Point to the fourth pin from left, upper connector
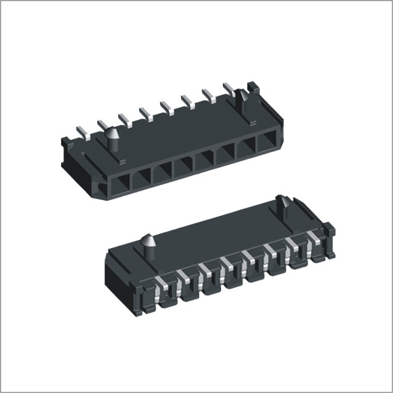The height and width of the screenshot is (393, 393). tap(146, 113)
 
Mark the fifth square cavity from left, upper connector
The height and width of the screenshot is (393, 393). tap(205, 161)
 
